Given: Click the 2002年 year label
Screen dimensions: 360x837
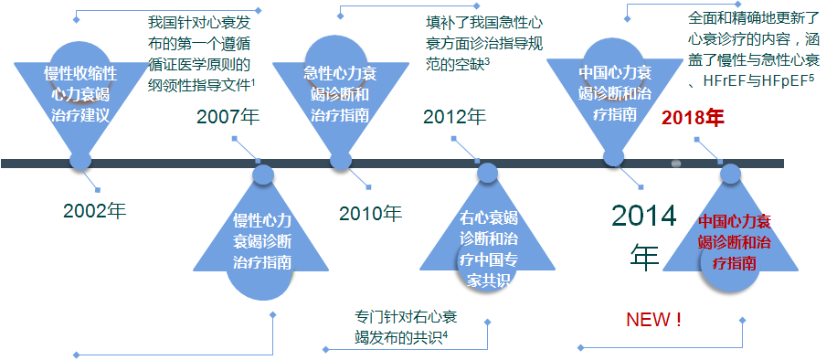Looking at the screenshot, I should [x=95, y=210].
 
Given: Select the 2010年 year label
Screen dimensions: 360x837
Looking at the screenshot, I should [x=370, y=214].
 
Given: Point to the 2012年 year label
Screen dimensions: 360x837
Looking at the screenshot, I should [x=455, y=117].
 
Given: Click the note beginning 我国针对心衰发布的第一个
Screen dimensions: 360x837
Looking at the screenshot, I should [x=201, y=51].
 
